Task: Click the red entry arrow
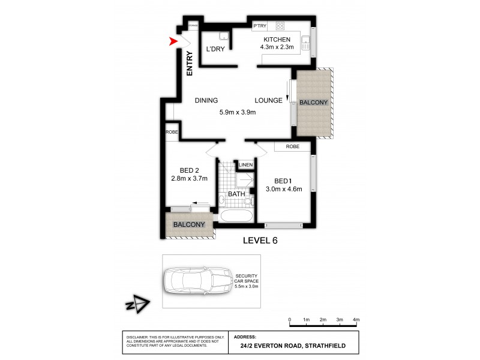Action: [x=173, y=41]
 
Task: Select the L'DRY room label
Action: [x=215, y=49]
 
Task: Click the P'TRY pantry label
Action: [x=260, y=26]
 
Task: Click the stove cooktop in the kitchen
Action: [x=280, y=26]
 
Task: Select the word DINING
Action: [x=206, y=101]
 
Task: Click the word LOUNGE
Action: [x=268, y=101]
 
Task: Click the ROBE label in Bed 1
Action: [x=292, y=146]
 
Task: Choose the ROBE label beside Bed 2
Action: [x=172, y=131]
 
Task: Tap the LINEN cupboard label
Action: [x=245, y=165]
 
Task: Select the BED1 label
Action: [x=283, y=181]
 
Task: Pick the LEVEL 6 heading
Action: [x=260, y=241]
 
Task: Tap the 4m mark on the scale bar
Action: [x=356, y=319]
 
